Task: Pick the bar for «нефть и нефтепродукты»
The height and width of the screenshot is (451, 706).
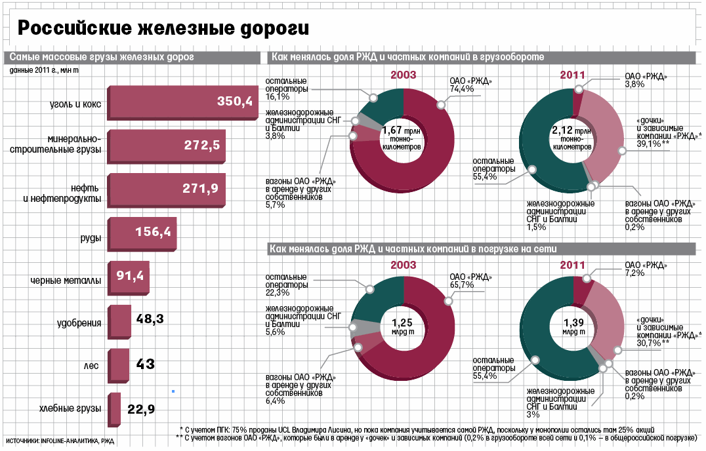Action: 164,190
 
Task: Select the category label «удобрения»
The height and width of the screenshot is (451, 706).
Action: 79,323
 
